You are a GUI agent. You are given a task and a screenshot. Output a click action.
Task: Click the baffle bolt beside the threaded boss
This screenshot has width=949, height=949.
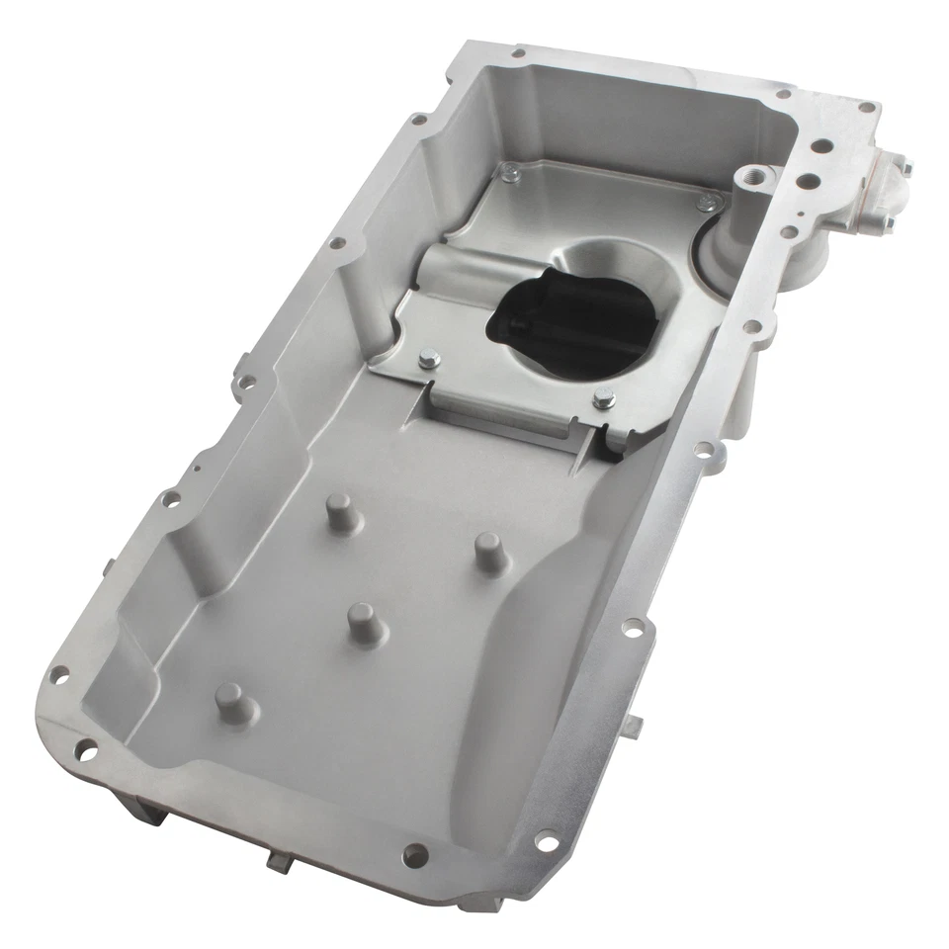pos(708,205)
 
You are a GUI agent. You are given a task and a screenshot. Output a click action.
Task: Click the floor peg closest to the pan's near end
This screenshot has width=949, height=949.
pos(233,703)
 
